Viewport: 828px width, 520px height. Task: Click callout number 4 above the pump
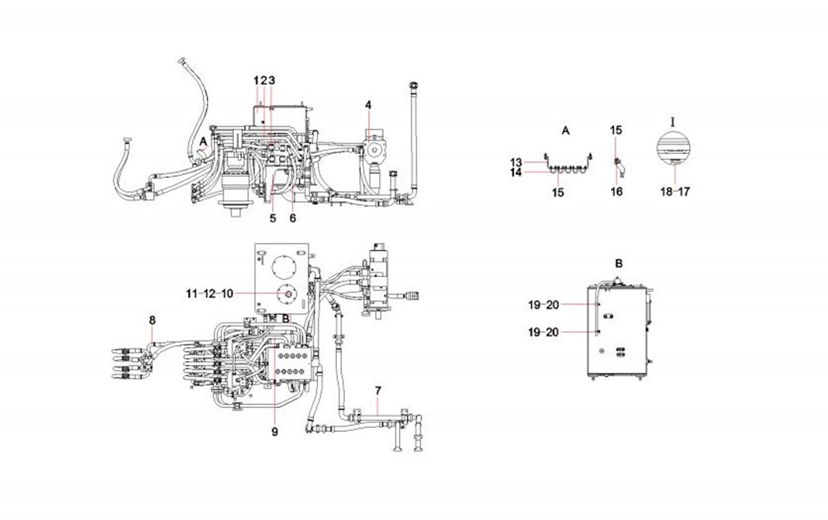[368, 106]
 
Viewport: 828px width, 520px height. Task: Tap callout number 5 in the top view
[273, 218]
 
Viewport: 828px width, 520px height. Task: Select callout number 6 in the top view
[293, 218]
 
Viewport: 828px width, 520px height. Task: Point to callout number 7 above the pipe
[378, 391]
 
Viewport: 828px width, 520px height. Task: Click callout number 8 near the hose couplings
[152, 320]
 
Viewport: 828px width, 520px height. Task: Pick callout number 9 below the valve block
[274, 432]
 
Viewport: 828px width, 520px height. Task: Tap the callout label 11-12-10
[209, 294]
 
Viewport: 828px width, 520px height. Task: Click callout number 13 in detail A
[516, 162]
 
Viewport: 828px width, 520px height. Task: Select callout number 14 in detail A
[516, 172]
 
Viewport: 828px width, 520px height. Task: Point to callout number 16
[617, 191]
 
